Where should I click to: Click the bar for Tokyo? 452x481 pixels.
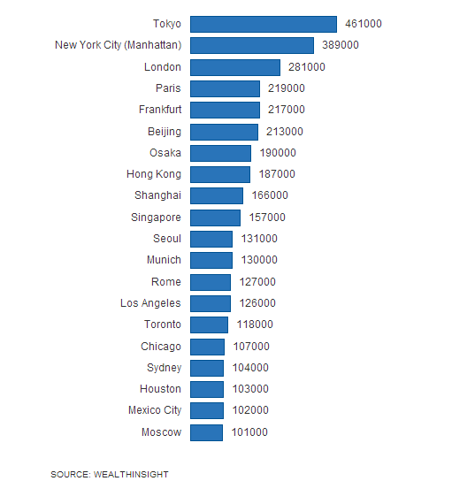[264, 24]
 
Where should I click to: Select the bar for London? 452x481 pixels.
[235, 67]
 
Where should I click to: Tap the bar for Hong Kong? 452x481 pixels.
[220, 174]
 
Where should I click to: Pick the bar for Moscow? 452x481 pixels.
[206, 432]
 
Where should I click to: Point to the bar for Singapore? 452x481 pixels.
[215, 218]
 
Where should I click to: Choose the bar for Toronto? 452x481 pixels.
[209, 324]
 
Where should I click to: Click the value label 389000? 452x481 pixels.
[341, 45]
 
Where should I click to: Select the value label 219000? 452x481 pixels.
[287, 88]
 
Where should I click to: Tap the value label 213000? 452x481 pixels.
[285, 132]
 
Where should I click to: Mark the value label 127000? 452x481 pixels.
[257, 282]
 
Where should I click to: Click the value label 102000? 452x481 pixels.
[250, 410]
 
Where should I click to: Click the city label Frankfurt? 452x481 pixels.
[159, 110]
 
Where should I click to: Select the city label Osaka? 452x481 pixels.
[165, 153]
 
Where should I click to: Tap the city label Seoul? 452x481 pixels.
[167, 239]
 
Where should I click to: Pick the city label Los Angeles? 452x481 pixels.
[150, 303]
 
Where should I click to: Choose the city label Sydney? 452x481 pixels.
[164, 368]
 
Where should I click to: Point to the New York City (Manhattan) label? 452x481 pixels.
[118, 45]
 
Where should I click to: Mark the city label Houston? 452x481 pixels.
[160, 389]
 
